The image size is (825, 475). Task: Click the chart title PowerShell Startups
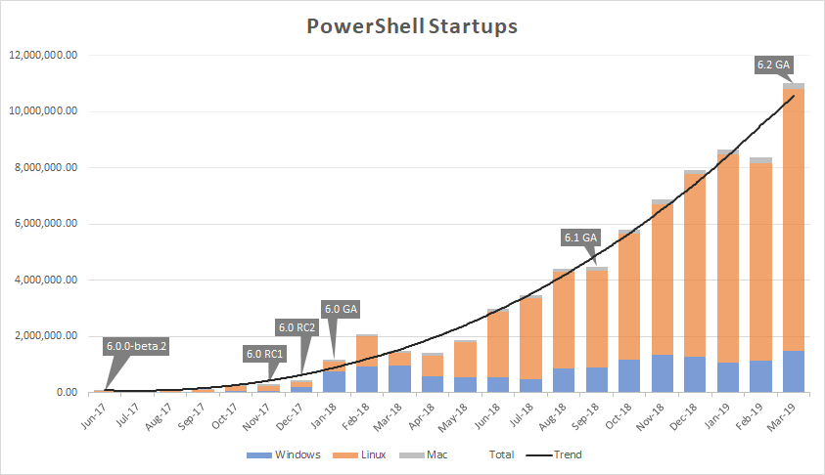point(412,26)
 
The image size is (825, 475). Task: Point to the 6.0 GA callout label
point(341,310)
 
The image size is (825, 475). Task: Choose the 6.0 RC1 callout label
point(263,354)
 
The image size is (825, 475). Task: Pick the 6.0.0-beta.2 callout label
point(136,345)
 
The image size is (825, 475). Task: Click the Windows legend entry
point(291,454)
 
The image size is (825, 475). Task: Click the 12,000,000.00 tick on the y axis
point(42,55)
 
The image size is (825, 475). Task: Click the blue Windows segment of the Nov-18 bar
point(662,373)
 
